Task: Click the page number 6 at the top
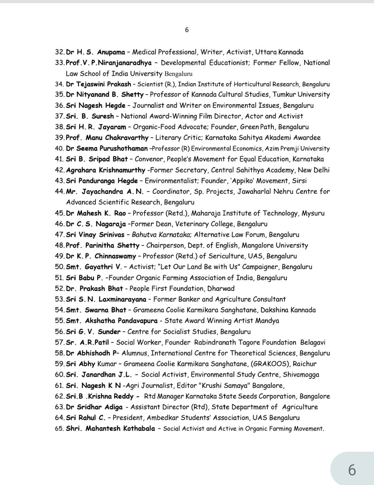[x=187, y=30]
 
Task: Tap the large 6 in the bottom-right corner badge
[x=352, y=470]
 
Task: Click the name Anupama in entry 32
[x=111, y=52]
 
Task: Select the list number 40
[x=59, y=149]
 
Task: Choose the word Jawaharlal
[x=256, y=191]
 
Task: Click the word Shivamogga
[x=301, y=375]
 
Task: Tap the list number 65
[x=59, y=429]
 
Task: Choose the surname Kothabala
[x=135, y=429]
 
